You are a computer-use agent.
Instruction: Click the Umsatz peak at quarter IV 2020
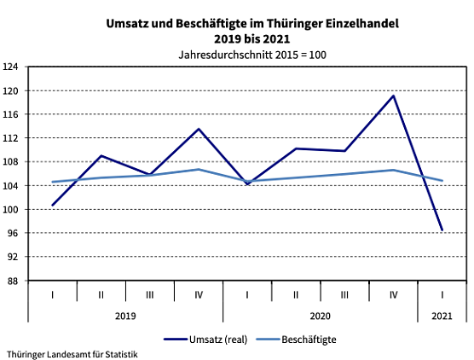393,96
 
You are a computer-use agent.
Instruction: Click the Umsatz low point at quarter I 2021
442,230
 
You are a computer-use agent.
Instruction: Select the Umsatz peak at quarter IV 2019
199,129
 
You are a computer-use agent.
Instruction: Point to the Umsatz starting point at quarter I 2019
53,205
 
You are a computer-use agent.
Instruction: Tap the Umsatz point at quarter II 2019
101,155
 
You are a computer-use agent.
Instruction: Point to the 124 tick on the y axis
12,67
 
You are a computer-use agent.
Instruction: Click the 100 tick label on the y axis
12,209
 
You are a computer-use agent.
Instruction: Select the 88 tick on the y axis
12,281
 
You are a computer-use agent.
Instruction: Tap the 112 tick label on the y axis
12,138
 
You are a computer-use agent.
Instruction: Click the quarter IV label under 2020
393,294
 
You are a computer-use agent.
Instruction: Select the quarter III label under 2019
150,294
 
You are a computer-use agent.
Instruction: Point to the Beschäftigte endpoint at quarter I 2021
442,180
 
